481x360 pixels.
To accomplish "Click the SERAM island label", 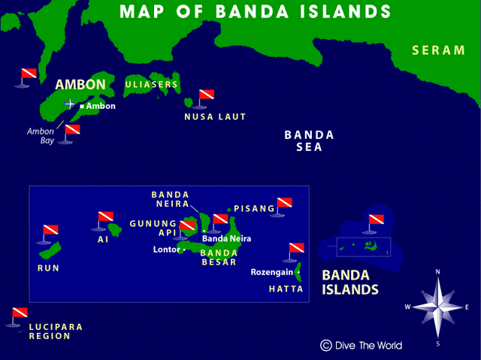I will [439, 50].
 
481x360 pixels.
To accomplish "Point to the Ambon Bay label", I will [41, 136].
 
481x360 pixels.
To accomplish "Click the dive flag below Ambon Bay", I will [71, 131].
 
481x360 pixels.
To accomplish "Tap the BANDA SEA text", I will [308, 141].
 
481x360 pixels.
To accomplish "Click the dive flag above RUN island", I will [50, 231].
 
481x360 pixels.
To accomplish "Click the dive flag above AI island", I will [105, 219].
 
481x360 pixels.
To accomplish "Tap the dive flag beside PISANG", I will [283, 204].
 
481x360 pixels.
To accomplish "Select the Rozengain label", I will [271, 272].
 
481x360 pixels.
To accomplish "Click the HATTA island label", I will [286, 289].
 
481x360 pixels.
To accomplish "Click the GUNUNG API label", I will [153, 228].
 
